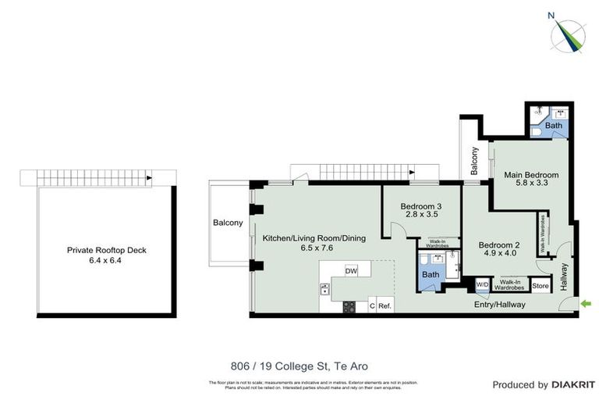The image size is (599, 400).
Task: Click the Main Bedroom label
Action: (x=531, y=174)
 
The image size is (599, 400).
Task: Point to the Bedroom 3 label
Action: (x=420, y=207)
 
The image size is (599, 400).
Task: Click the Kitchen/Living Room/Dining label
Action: (x=313, y=237)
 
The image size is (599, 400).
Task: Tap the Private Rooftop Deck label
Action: (x=107, y=251)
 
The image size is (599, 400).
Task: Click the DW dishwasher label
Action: (x=351, y=271)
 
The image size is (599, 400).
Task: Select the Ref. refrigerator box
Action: (x=385, y=305)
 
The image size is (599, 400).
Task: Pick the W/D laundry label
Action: (x=482, y=284)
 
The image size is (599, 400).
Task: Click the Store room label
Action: (x=541, y=287)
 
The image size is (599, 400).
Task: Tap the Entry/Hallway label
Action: (x=499, y=305)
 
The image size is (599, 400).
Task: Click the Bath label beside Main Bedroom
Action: (x=553, y=126)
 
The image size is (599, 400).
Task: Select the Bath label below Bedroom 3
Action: (x=431, y=275)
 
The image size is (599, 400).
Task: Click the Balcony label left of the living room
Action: (x=228, y=223)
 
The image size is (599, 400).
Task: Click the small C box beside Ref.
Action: (x=371, y=305)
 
